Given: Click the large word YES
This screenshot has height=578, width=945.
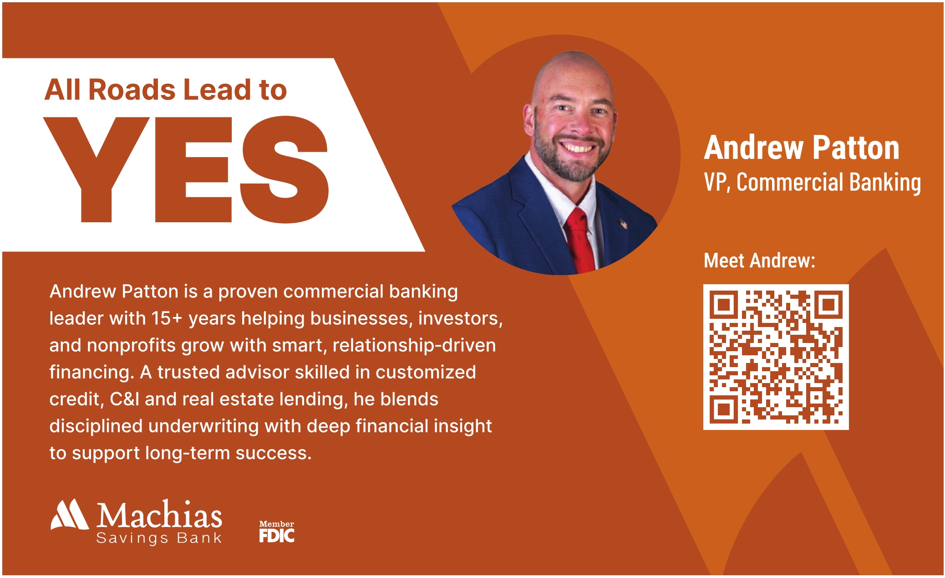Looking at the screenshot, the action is coord(186,169).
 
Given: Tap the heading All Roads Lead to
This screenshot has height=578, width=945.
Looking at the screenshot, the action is coord(166,89).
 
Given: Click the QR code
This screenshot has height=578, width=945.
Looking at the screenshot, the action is coord(776,357).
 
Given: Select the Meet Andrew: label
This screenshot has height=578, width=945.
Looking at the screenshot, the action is coord(759,261).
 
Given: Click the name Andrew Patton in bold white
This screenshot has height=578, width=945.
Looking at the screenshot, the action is coord(802,148).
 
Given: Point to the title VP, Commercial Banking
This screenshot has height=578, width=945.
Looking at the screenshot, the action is coord(813,182).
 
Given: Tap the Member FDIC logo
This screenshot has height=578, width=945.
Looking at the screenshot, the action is coord(277,532).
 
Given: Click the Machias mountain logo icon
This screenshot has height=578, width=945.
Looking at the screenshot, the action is coord(70,515).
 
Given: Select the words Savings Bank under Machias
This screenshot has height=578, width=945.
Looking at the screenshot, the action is coord(159,538).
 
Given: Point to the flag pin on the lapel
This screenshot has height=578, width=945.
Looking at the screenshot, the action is coord(623,224).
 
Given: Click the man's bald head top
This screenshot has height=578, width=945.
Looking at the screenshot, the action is coord(573,68).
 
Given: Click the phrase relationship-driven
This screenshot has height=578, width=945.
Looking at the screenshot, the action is coord(414,345).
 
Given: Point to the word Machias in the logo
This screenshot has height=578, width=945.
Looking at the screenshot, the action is coord(159,515).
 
